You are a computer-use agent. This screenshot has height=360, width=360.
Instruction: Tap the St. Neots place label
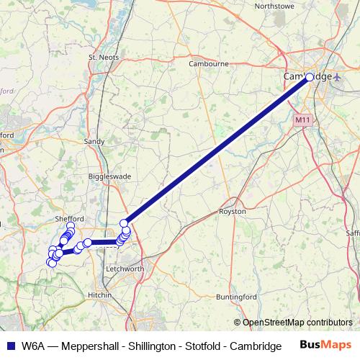point(102,57)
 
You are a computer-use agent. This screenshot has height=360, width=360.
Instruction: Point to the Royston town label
point(233,212)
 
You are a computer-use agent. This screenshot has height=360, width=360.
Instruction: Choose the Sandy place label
point(94,142)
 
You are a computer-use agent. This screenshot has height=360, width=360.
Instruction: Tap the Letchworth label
point(125,269)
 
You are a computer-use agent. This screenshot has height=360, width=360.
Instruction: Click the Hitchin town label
point(100,295)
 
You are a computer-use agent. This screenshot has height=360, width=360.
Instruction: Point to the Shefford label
point(70,218)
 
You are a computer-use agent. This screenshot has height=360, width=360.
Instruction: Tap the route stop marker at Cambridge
point(310,77)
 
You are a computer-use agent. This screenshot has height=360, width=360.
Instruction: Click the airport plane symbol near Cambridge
point(338,77)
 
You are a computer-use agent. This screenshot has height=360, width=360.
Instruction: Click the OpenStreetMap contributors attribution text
point(297,323)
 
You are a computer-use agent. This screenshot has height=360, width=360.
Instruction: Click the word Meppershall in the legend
point(89,346)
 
